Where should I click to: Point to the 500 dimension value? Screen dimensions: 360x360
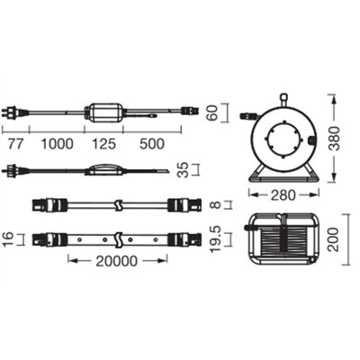pyautogui.click(x=153, y=143)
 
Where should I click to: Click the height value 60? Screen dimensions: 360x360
pyautogui.click(x=211, y=114)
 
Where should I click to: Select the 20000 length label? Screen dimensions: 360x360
pyautogui.click(x=117, y=261)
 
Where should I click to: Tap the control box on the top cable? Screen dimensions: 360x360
pyautogui.click(x=106, y=112)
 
